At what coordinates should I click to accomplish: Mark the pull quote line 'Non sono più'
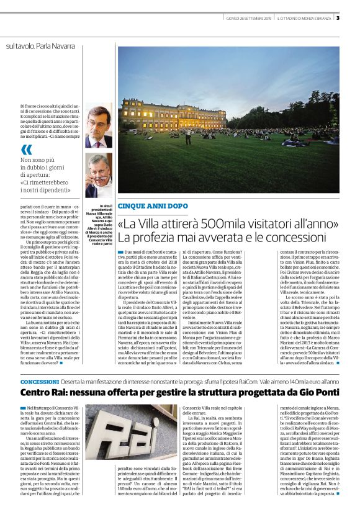tap(54, 160)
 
